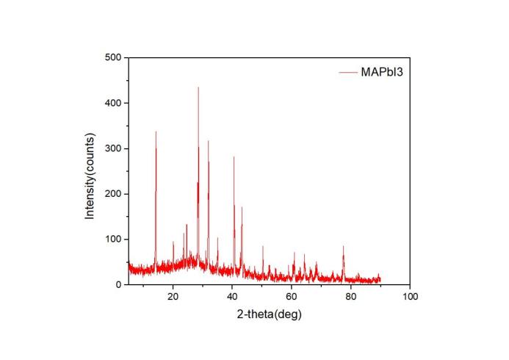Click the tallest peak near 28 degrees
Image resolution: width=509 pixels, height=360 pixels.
pos(198,87)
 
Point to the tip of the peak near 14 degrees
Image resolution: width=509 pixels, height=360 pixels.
pos(156,132)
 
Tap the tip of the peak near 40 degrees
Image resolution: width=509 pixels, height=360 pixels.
pos(234,156)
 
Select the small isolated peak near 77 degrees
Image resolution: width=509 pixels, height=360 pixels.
pos(343,246)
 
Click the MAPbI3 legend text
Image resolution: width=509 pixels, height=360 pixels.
pos(380,72)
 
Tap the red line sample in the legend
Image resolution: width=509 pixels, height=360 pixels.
pos(347,72)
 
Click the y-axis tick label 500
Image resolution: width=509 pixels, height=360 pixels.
pos(115,57)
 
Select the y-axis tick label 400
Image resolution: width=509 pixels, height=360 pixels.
pos(115,103)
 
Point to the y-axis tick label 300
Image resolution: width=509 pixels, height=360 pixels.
pos(115,148)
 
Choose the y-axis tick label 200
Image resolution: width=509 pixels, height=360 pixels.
pos(115,194)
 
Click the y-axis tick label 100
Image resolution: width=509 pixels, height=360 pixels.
pos(115,240)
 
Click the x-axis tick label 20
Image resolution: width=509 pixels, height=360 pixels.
pos(173,297)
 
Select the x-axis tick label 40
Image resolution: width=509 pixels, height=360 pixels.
pos(232,297)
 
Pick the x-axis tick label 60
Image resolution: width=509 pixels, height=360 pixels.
pos(292,297)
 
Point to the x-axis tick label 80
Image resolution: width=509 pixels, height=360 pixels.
pos(351,297)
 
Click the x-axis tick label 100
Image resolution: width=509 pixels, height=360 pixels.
pos(410,297)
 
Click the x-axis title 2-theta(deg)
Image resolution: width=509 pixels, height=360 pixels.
pos(269,314)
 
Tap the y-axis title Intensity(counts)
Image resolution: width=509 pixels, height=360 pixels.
pos(90,176)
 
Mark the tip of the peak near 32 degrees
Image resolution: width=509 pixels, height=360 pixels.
pos(208,141)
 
